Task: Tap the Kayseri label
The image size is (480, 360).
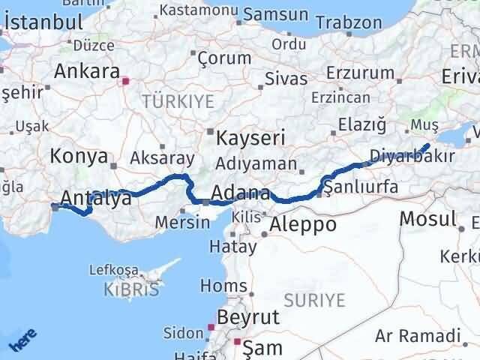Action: [x=250, y=138]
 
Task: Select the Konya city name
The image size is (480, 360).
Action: [x=78, y=156]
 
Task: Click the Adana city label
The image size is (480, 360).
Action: [x=240, y=192]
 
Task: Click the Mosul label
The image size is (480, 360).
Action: [x=427, y=219]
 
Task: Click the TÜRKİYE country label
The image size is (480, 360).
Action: [x=178, y=100]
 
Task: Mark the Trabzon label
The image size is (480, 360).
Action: [x=355, y=24]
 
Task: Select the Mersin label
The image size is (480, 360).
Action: [x=183, y=223]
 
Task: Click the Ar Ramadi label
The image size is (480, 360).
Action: [x=418, y=335]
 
